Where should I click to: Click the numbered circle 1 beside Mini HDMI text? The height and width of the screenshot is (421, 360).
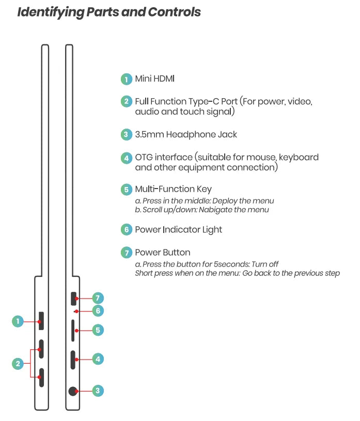click(x=126, y=79)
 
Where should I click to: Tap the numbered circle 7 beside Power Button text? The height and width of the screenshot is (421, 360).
click(x=126, y=253)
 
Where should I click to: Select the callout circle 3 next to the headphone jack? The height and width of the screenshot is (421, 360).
click(x=98, y=391)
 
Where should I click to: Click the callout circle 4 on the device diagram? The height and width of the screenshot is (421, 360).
click(x=98, y=358)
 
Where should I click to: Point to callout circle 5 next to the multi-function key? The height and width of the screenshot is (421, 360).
click(x=98, y=330)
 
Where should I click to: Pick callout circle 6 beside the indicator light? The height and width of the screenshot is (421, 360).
click(x=98, y=310)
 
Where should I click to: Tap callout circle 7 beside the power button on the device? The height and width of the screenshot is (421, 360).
click(x=98, y=298)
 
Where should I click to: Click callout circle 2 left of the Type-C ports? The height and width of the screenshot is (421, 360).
click(x=18, y=364)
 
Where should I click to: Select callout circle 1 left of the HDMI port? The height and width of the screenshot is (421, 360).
click(x=18, y=321)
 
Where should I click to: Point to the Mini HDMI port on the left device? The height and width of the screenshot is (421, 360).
click(x=41, y=321)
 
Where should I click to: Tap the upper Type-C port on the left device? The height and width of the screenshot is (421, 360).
click(x=41, y=349)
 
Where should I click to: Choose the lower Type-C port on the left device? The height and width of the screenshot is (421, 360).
click(x=41, y=378)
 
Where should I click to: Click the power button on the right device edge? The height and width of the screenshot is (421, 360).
click(x=73, y=299)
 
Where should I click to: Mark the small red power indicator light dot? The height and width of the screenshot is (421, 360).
click(x=76, y=311)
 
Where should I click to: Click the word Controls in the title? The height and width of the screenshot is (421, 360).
click(x=173, y=12)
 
